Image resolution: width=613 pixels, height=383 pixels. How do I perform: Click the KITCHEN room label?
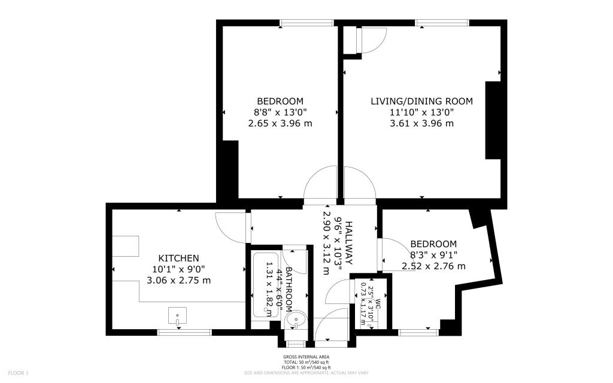point(178,258)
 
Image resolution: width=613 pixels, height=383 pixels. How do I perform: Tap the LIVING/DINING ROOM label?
point(421,101)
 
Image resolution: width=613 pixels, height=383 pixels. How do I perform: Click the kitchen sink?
point(178,315)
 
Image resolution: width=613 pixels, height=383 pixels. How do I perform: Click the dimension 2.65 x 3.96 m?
point(280,123)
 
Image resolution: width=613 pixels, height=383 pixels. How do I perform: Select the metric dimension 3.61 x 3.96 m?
point(421,123)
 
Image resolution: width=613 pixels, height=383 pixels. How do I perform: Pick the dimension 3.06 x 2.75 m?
point(178,280)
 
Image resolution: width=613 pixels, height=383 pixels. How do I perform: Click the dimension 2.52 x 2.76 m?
point(433,266)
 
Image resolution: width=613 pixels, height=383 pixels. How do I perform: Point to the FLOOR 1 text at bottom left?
point(18,373)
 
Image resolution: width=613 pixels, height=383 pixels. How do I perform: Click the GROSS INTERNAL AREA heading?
point(306,357)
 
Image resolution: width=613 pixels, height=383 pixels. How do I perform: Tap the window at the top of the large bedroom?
point(299,24)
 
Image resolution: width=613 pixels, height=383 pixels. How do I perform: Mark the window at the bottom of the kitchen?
point(176,332)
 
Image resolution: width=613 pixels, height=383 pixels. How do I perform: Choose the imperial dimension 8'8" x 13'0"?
point(280,112)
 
